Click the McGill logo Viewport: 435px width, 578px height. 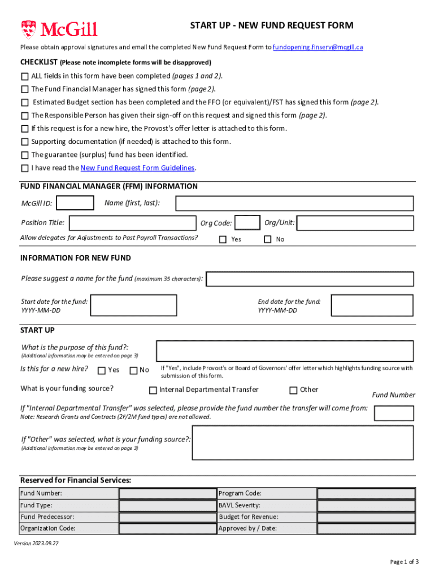[x=59, y=29]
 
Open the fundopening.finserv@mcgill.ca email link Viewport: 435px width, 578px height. [x=317, y=47]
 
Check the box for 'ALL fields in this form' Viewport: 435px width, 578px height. [x=25, y=76]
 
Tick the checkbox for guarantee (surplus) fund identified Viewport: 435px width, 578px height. [x=25, y=155]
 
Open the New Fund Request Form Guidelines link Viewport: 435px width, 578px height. [x=138, y=168]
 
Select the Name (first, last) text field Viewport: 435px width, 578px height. [x=294, y=203]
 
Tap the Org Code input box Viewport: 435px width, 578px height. [x=247, y=224]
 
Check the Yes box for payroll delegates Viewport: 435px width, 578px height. [x=223, y=239]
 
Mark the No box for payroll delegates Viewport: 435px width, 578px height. [x=268, y=239]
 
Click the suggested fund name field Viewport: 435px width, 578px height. [x=311, y=279]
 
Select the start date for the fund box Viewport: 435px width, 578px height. [x=133, y=305]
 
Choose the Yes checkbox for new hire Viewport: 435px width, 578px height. [x=102, y=371]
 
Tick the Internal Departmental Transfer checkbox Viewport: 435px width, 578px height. [x=153, y=390]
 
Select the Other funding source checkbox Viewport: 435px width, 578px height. [x=293, y=390]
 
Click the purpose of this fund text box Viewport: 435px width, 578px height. [x=284, y=351]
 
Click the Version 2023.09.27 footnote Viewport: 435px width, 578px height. [x=37, y=544]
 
